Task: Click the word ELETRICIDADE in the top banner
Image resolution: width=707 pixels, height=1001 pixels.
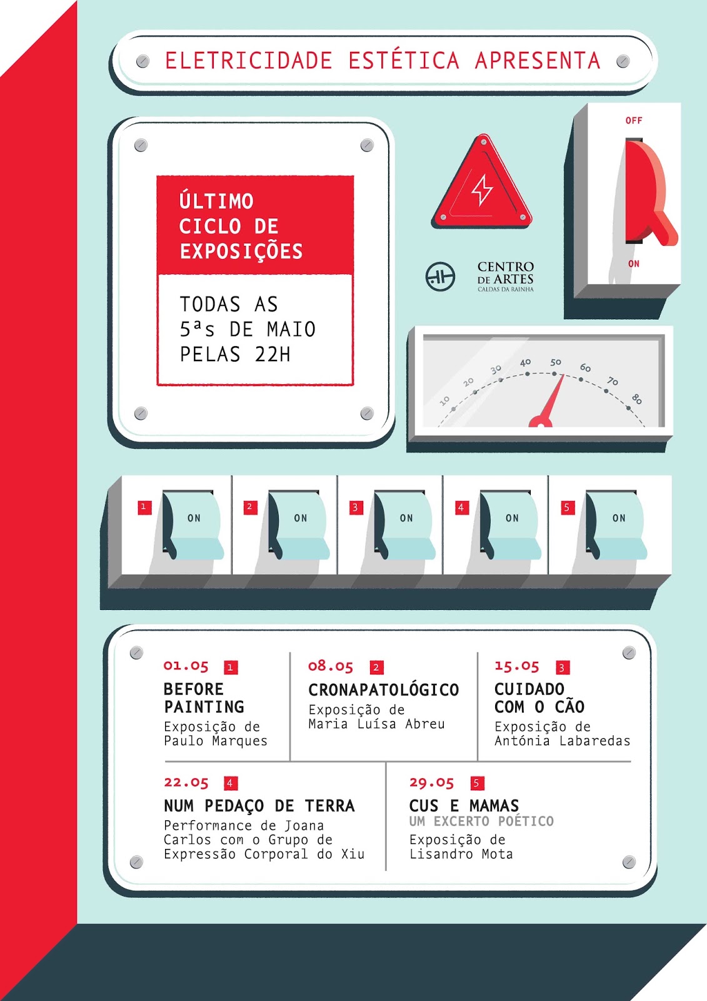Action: click(x=248, y=61)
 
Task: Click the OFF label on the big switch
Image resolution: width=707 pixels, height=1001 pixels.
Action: click(x=634, y=121)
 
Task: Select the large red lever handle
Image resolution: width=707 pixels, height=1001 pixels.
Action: click(x=650, y=193)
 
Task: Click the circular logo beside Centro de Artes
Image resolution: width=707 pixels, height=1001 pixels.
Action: click(x=440, y=277)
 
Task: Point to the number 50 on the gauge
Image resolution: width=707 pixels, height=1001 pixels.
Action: click(x=556, y=362)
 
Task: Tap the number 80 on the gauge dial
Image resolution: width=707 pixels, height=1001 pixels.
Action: click(x=637, y=399)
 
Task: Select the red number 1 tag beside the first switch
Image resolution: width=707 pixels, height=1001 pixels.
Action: click(x=144, y=507)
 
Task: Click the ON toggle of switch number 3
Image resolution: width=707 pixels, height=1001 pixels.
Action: click(x=405, y=525)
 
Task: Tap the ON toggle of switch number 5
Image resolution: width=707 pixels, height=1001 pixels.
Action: click(x=617, y=525)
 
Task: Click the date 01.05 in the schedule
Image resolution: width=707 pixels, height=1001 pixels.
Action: click(x=186, y=666)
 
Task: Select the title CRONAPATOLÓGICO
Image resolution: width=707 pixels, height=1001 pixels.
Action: click(x=384, y=690)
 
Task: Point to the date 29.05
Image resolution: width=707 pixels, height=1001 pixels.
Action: click(x=431, y=783)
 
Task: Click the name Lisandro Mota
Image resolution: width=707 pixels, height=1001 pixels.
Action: click(x=461, y=855)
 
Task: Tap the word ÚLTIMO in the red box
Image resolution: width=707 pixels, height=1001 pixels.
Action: click(x=216, y=201)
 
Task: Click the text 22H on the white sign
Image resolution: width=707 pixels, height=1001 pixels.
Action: click(x=273, y=354)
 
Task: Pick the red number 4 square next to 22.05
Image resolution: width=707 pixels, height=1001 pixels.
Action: click(x=231, y=783)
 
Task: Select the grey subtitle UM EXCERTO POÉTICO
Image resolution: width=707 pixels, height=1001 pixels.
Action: click(x=481, y=821)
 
